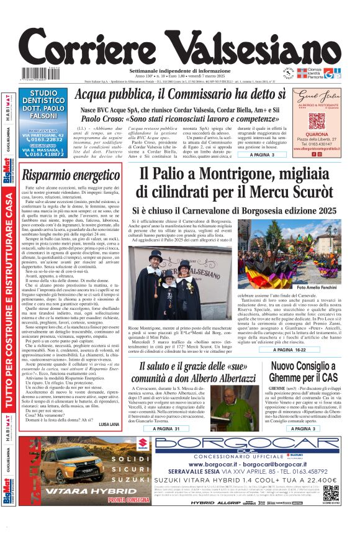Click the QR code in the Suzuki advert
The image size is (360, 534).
[x=331, y=494]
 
